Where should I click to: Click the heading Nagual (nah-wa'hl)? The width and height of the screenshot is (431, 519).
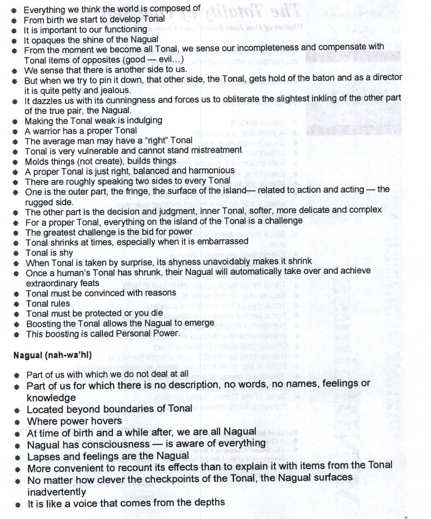point(53,355)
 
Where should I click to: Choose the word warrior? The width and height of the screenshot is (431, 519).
point(47,131)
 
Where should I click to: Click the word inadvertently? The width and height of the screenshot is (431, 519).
point(56,491)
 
